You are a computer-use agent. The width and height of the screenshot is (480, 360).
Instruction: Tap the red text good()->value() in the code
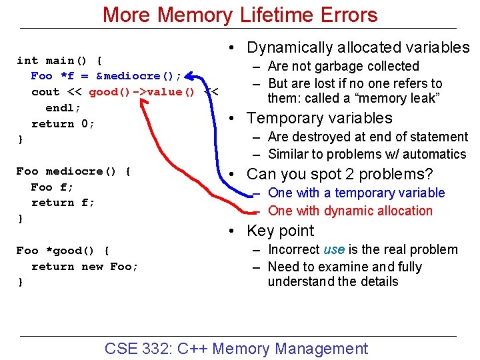[141, 92]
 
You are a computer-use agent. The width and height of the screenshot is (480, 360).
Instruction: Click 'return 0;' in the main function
[63, 124]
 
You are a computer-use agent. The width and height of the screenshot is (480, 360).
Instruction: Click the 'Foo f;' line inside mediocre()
[52, 187]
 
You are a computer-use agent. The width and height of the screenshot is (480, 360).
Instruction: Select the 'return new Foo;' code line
[85, 267]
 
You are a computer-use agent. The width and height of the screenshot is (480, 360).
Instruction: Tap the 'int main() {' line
[59, 60]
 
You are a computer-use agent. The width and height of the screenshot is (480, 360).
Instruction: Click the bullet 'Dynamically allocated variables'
[358, 47]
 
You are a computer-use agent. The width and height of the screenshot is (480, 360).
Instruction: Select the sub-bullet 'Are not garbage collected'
[343, 66]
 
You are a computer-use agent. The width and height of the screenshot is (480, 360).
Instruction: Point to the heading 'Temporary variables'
[319, 118]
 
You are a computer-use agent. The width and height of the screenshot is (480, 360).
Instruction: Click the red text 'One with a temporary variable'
[356, 193]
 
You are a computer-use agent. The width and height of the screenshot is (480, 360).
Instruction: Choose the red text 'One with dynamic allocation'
[350, 211]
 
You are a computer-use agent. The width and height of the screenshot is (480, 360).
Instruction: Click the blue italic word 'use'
[334, 249]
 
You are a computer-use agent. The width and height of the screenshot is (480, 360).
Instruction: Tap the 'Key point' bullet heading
[280, 231]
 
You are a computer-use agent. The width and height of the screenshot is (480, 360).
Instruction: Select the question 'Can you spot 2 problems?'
[339, 174]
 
